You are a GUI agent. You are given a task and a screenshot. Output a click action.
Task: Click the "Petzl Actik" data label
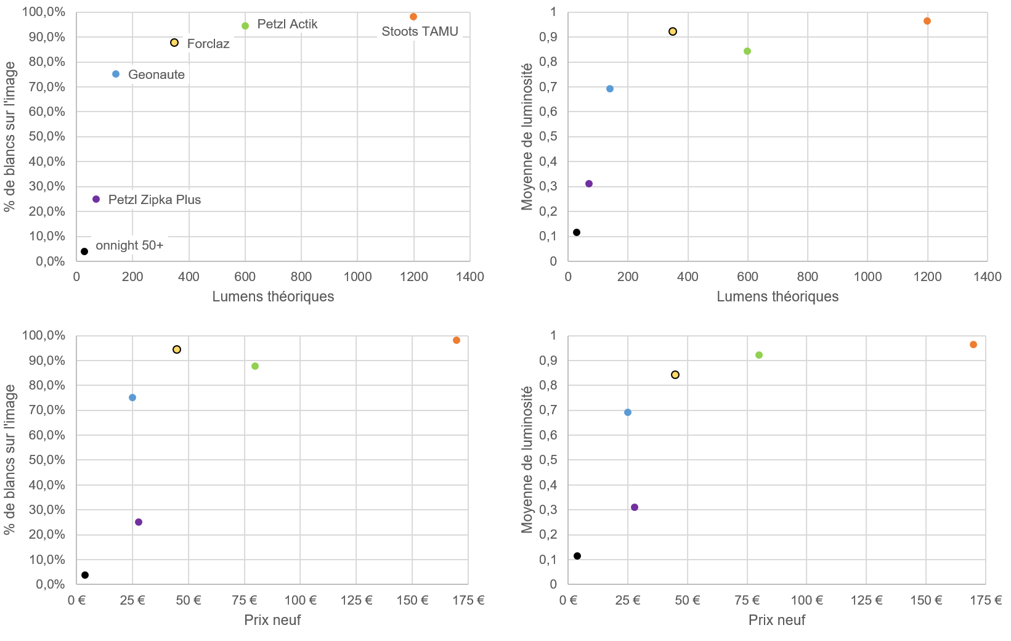coord(287,25)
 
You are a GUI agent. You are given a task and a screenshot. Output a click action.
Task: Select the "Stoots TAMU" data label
coord(420,31)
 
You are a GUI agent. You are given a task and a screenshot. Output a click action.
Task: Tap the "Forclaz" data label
coord(208,44)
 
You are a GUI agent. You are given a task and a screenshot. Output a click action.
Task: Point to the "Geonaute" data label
coord(156,75)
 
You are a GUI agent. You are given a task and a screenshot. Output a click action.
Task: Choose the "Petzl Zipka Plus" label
coord(155,200)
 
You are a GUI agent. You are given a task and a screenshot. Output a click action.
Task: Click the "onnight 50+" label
coord(129,245)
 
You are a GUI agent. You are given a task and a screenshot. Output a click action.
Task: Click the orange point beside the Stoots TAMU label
coord(413,17)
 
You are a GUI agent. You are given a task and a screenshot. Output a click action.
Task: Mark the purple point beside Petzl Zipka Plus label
coord(96,199)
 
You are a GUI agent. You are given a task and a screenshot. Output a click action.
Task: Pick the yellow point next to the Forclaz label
coord(174,43)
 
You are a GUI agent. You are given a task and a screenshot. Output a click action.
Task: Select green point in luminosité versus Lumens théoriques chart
coord(747,51)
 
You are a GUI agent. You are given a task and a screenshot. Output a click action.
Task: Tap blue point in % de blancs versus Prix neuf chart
coord(132,398)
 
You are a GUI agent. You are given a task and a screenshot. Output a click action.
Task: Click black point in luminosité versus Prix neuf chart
coord(577,556)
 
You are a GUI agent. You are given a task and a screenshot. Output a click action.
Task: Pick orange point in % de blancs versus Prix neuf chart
coord(457,340)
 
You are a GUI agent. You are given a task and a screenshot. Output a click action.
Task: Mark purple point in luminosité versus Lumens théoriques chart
coord(589,184)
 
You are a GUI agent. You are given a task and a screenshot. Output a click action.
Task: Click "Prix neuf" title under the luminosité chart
coord(776,620)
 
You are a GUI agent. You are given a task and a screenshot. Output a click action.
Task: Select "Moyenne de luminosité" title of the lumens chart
coord(527,137)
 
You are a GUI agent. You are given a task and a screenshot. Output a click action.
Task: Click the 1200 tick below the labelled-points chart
coord(414,277)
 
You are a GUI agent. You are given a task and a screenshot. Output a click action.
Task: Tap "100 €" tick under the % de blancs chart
coord(300,600)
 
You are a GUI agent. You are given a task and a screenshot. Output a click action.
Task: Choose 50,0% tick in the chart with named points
coord(47,137)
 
